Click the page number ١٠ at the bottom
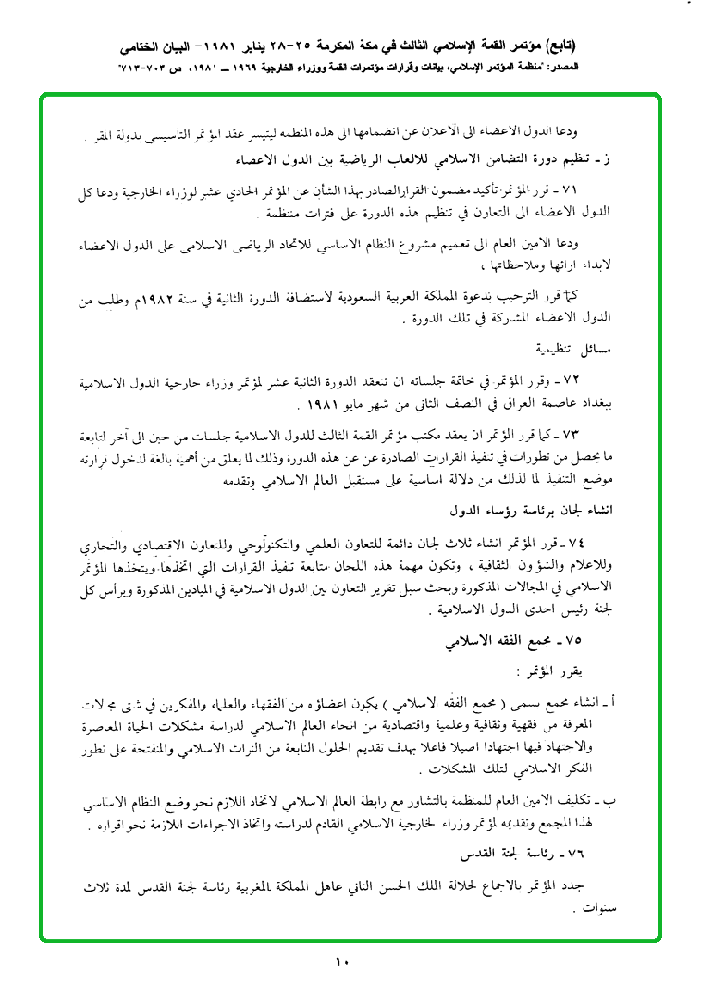pyautogui.click(x=341, y=962)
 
